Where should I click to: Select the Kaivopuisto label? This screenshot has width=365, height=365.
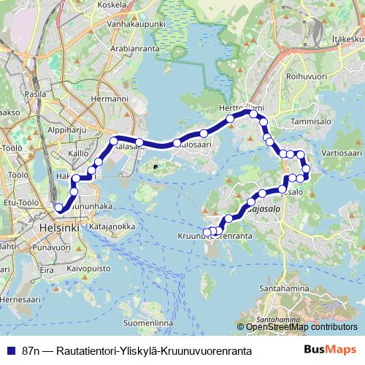coord(88,269)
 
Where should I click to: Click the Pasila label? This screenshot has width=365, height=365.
coord(36,94)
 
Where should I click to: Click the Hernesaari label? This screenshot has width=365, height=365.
coord(22,299)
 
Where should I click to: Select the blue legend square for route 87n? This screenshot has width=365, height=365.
coord(10,350)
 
